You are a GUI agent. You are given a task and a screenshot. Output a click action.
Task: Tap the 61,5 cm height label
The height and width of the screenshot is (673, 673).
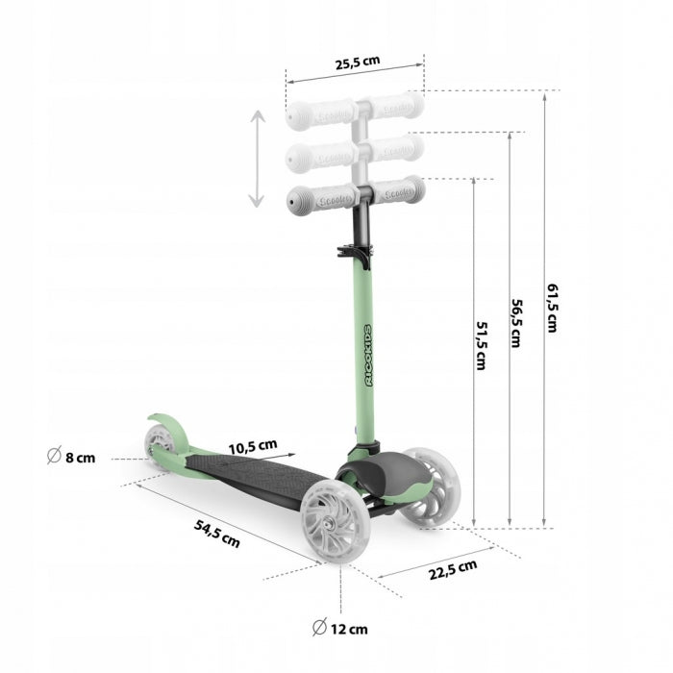[553, 307]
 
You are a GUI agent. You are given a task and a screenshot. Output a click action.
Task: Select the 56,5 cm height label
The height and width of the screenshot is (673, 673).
[515, 323]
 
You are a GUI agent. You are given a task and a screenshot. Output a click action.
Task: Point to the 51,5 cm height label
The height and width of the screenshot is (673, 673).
[480, 346]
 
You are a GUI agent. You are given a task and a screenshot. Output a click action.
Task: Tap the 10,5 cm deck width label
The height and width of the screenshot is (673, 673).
[253, 446]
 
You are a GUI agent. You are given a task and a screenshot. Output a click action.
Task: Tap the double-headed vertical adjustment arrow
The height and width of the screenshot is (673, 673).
[256, 159]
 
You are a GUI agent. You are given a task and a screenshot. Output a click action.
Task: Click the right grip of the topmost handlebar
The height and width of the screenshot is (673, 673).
[397, 106]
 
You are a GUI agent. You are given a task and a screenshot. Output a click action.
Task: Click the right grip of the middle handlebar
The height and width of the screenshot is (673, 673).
[397, 148]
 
